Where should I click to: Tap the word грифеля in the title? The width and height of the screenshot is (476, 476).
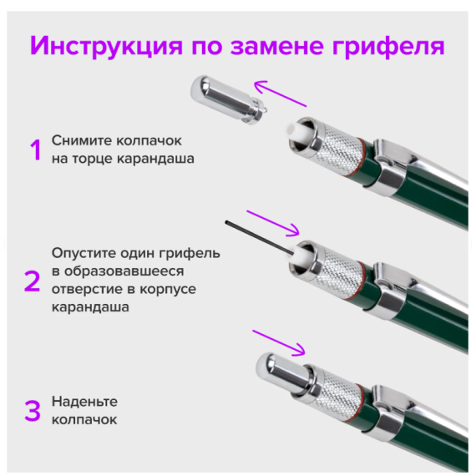[x=388, y=46]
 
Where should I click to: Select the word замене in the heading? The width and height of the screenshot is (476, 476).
[x=276, y=46]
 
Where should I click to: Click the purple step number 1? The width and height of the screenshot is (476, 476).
[x=36, y=149]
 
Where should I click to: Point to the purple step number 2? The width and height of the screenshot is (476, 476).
[x=33, y=281]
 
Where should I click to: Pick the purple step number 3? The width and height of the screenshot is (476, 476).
[x=33, y=411]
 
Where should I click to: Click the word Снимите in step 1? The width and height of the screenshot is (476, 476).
[x=81, y=140]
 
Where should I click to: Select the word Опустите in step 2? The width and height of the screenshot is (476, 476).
[x=84, y=254]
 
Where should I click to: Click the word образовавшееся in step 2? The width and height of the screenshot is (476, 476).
[x=124, y=271]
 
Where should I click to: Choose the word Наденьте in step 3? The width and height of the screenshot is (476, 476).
[x=84, y=402]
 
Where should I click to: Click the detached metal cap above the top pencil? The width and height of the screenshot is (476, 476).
[x=228, y=99]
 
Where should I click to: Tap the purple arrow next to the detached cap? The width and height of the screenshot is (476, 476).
[x=280, y=94]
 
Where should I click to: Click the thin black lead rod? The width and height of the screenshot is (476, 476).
[x=259, y=238]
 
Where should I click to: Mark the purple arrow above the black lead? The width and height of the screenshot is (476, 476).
[x=273, y=223]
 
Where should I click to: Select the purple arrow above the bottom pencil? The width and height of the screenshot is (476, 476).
[x=279, y=342]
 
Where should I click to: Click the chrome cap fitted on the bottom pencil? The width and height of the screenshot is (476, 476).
[x=283, y=373]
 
